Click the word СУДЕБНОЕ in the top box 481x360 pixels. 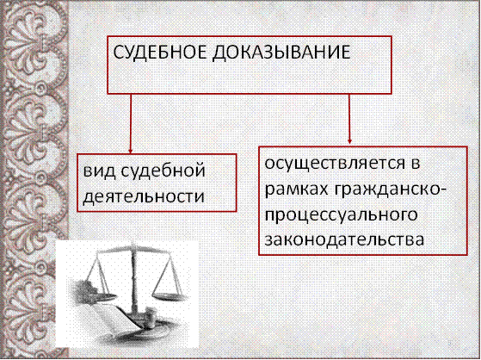[x=160, y=53]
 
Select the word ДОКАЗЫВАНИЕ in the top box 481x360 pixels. [x=281, y=53]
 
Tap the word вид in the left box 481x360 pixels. [x=98, y=170]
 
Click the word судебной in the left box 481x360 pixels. [x=162, y=171]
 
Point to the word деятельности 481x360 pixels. [x=144, y=196]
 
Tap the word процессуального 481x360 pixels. [x=341, y=216]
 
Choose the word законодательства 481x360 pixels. [x=344, y=240]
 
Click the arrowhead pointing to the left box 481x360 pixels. [x=131, y=152]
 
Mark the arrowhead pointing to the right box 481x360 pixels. [x=349, y=141]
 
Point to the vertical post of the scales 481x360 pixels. [x=133, y=280]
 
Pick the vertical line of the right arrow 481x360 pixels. [x=349, y=117]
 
